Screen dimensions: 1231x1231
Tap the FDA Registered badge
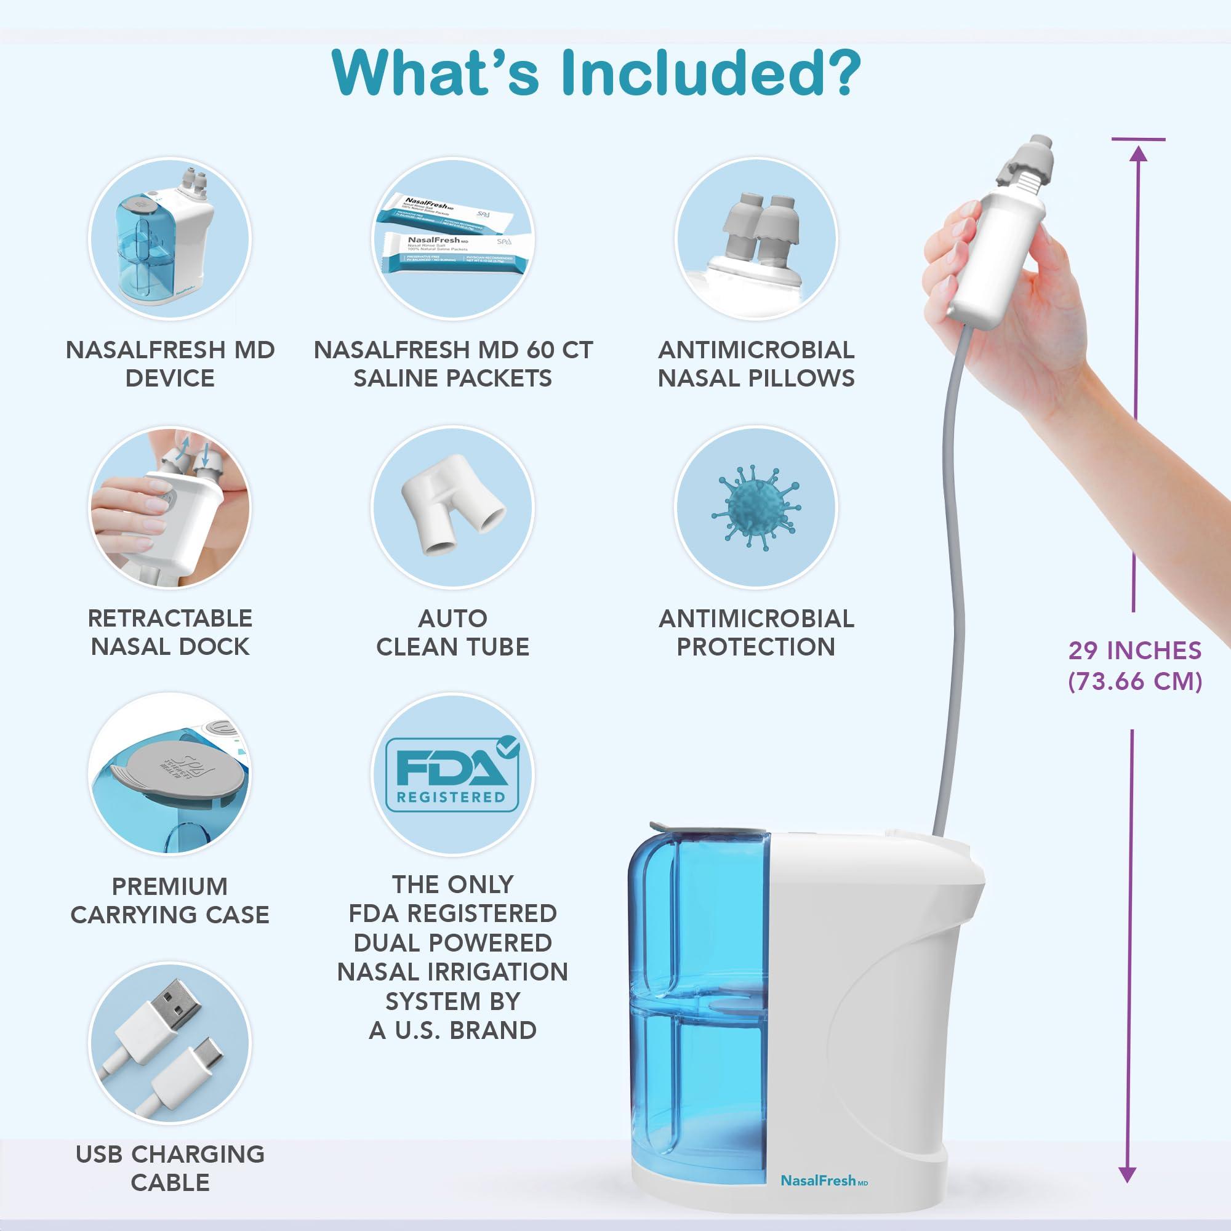coord(452,774)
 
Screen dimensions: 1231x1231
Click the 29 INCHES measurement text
coord(1135,651)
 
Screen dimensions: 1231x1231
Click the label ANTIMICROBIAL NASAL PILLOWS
coord(756,364)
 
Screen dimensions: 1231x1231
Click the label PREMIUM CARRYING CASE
coord(169,900)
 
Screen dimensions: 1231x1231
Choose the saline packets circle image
coord(453,239)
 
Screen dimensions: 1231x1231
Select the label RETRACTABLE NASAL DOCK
coord(169,632)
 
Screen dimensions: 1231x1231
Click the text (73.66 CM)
coord(1135,682)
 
